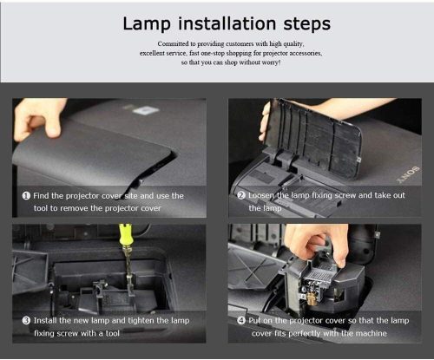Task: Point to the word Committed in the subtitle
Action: click(x=177, y=43)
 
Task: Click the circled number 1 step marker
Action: click(x=27, y=196)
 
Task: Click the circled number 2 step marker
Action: click(x=241, y=196)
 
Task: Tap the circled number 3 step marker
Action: click(x=27, y=321)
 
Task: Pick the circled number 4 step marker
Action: click(x=241, y=321)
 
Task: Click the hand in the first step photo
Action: click(x=38, y=117)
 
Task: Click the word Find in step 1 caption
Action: click(x=45, y=196)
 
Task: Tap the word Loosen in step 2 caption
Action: click(x=266, y=196)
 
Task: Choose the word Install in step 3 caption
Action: click(x=49, y=321)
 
